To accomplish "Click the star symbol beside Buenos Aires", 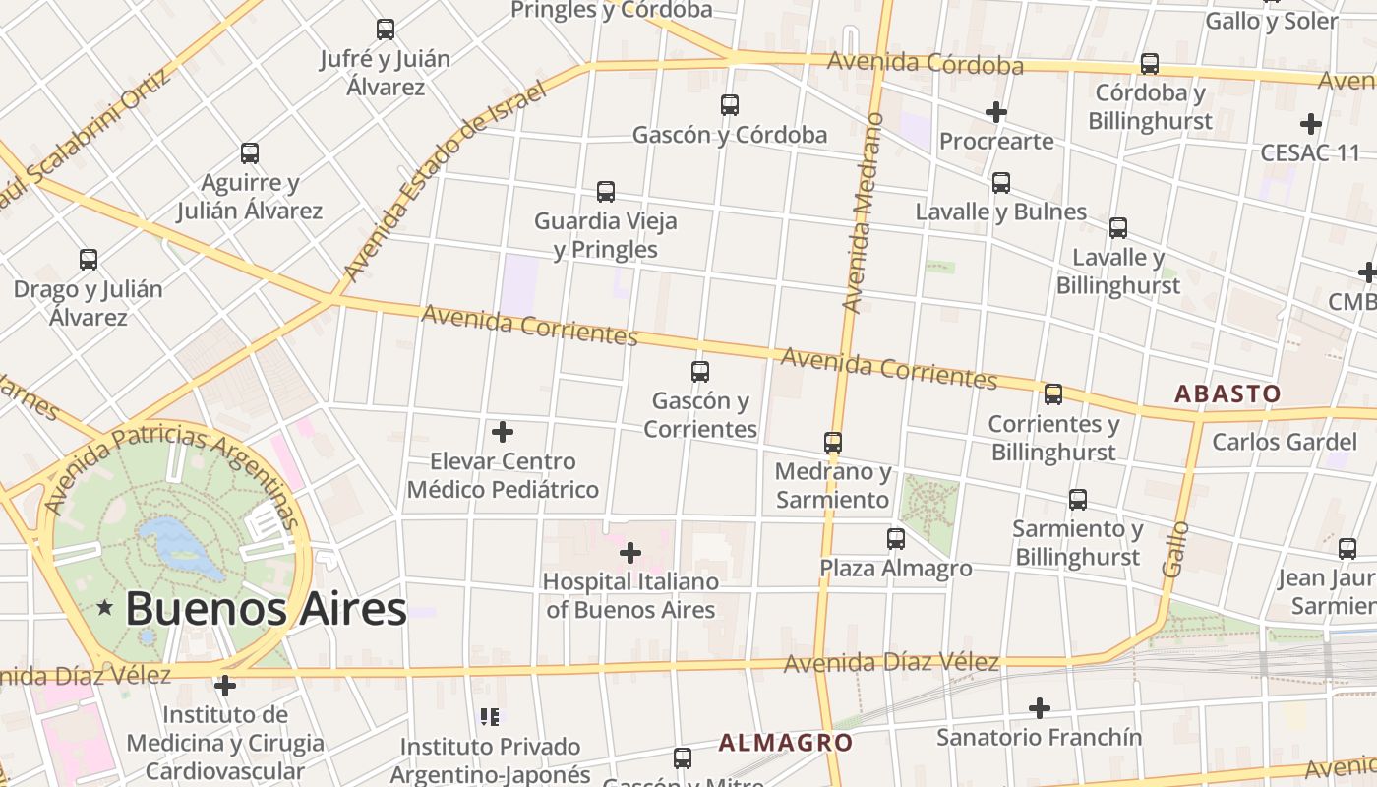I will [x=105, y=608].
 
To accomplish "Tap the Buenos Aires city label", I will [x=266, y=609].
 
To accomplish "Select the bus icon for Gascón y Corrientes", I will [x=700, y=372].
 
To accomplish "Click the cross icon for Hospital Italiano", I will [x=630, y=553].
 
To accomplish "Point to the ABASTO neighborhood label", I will [x=1227, y=393].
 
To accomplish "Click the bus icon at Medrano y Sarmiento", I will [x=833, y=442].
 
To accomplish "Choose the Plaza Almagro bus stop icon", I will [x=896, y=539].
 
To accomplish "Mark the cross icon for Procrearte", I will [x=996, y=112].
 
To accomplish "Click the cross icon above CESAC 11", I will [x=1310, y=124].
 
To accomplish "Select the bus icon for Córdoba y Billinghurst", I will [x=1150, y=64].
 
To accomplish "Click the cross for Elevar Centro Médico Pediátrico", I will [x=503, y=432].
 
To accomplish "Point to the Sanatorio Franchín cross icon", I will [x=1040, y=708].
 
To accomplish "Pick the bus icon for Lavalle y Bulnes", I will [x=1001, y=182].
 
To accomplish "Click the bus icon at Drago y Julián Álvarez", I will [x=89, y=260].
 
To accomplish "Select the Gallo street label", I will [x=1174, y=549].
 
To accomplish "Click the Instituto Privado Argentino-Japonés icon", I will [x=489, y=717].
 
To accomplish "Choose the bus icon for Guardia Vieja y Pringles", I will [x=606, y=192].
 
